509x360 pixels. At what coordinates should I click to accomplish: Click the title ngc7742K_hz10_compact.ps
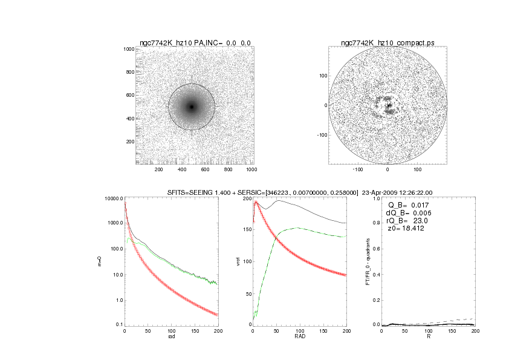coord(387,42)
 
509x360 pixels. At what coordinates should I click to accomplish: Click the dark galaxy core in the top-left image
coord(192,107)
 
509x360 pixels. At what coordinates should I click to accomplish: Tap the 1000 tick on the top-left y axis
coord(129,49)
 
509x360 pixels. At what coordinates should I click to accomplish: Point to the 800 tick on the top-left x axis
coord(229,170)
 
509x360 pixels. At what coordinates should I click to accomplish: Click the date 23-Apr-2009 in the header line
coord(380,193)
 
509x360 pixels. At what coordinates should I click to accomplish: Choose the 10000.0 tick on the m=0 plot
coord(114,198)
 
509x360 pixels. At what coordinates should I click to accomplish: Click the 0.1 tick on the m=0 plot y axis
coord(118,325)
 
